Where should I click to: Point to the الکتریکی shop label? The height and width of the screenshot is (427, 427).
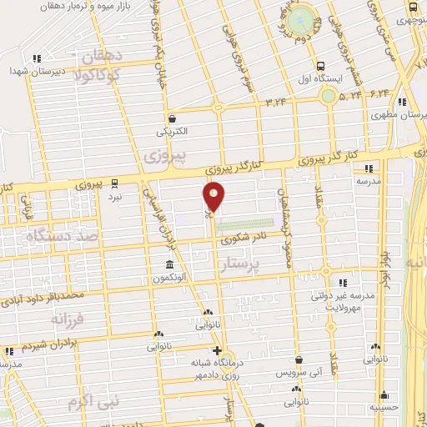pyautogui.click(x=172, y=131)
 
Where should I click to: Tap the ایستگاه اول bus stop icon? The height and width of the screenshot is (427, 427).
pyautogui.click(x=321, y=66)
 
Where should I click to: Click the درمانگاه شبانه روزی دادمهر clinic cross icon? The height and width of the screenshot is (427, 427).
pyautogui.click(x=218, y=350)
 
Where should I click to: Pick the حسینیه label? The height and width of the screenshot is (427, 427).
pyautogui.click(x=384, y=408)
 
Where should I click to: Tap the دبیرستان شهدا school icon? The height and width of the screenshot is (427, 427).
pyautogui.click(x=36, y=59)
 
